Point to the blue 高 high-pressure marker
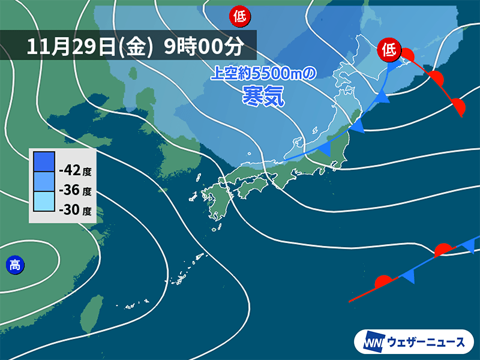[13, 263]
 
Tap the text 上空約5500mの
[262, 74]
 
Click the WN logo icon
[372, 342]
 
